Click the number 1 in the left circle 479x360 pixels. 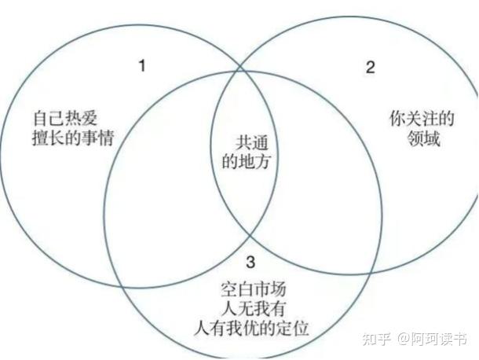tap(142, 65)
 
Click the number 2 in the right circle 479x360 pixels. tap(371, 67)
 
